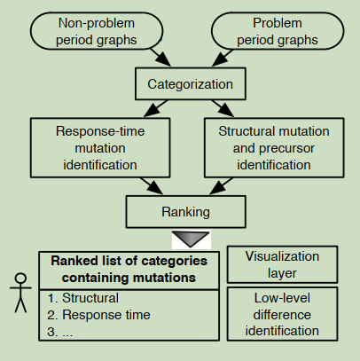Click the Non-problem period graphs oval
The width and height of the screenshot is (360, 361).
coord(97,31)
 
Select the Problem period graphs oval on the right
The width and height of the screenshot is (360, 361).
coord(278,31)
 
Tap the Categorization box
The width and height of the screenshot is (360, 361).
coord(191,84)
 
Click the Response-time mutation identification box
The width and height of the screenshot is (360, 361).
coord(100,148)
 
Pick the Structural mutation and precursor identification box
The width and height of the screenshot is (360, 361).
coord(274,148)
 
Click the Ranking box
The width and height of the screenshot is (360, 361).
coord(186,212)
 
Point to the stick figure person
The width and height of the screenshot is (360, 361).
coord(20,293)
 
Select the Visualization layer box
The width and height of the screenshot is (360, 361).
coord(282,264)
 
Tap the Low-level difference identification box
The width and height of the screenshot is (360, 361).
coord(282,314)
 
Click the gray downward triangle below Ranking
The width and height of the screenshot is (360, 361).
coord(191,239)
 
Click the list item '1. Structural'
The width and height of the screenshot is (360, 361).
coord(83,298)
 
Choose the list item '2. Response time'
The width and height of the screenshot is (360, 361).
coord(98,315)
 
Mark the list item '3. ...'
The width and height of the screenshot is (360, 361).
coord(59,332)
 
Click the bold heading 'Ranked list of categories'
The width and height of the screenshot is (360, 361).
coord(129,261)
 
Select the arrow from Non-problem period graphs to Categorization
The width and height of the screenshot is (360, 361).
coord(160,58)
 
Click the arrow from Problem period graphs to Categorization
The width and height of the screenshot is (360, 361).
coord(223,58)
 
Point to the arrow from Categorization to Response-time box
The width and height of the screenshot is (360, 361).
coord(156,109)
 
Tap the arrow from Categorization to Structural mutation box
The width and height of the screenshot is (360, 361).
coord(223,108)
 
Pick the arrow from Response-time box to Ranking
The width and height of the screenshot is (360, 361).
coord(152,186)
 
